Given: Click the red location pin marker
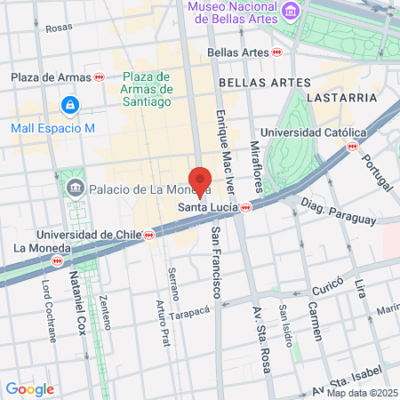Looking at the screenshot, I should [201, 181].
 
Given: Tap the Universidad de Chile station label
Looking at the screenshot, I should [76, 235].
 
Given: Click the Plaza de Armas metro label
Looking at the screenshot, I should [52, 77].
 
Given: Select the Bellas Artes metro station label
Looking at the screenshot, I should [237, 52].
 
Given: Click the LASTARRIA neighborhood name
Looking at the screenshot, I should [336, 95].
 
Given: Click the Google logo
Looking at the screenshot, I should [29, 388].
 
